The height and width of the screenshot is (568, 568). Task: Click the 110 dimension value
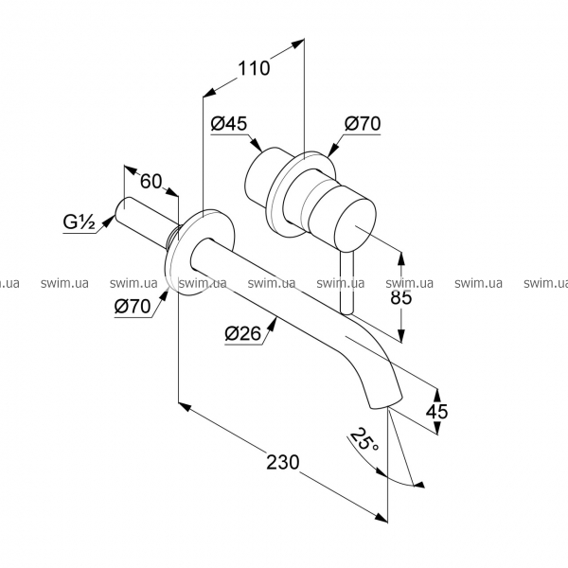(x=254, y=68)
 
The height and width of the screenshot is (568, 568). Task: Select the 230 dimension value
(x=283, y=462)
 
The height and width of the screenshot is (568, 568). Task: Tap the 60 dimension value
(x=151, y=181)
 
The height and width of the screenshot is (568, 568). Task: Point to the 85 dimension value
(x=401, y=297)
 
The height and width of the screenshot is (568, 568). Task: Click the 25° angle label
(x=364, y=439)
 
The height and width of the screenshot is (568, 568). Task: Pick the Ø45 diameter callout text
(x=229, y=123)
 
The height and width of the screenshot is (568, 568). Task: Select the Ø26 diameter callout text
(x=242, y=333)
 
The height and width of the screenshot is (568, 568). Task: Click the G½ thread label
(x=80, y=222)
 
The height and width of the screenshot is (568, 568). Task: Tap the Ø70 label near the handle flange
(x=363, y=123)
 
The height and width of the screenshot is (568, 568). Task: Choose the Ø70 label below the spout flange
(x=133, y=307)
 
